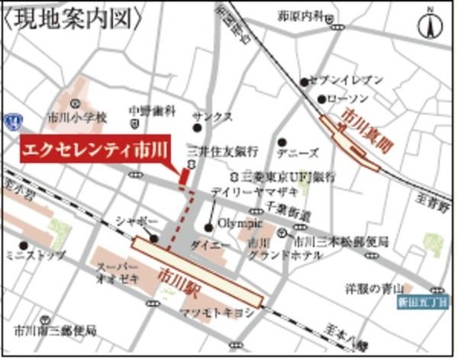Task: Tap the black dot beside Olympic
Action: click(208, 227)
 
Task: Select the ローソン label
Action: click(347, 99)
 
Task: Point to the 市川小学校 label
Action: click(76, 118)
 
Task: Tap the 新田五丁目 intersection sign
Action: click(419, 301)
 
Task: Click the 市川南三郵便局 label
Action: click(55, 332)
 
